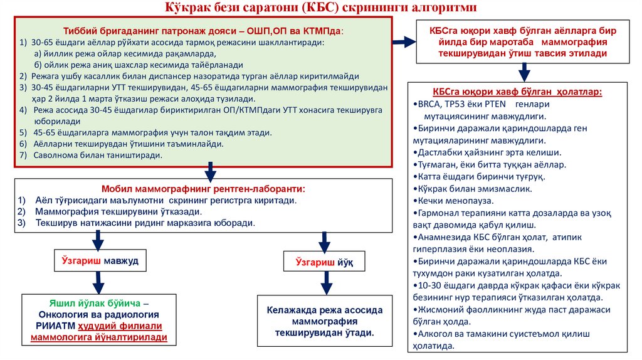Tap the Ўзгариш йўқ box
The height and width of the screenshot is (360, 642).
click(x=325, y=262)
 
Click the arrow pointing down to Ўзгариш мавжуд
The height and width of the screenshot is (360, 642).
click(x=98, y=239)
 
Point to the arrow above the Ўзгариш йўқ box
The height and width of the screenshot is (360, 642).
click(x=324, y=241)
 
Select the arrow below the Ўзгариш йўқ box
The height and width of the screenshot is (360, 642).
click(x=325, y=284)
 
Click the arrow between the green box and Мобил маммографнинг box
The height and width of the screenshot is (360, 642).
click(x=211, y=171)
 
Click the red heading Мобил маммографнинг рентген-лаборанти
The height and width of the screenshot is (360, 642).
click(x=204, y=189)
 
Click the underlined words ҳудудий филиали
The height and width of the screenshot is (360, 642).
click(x=120, y=326)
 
